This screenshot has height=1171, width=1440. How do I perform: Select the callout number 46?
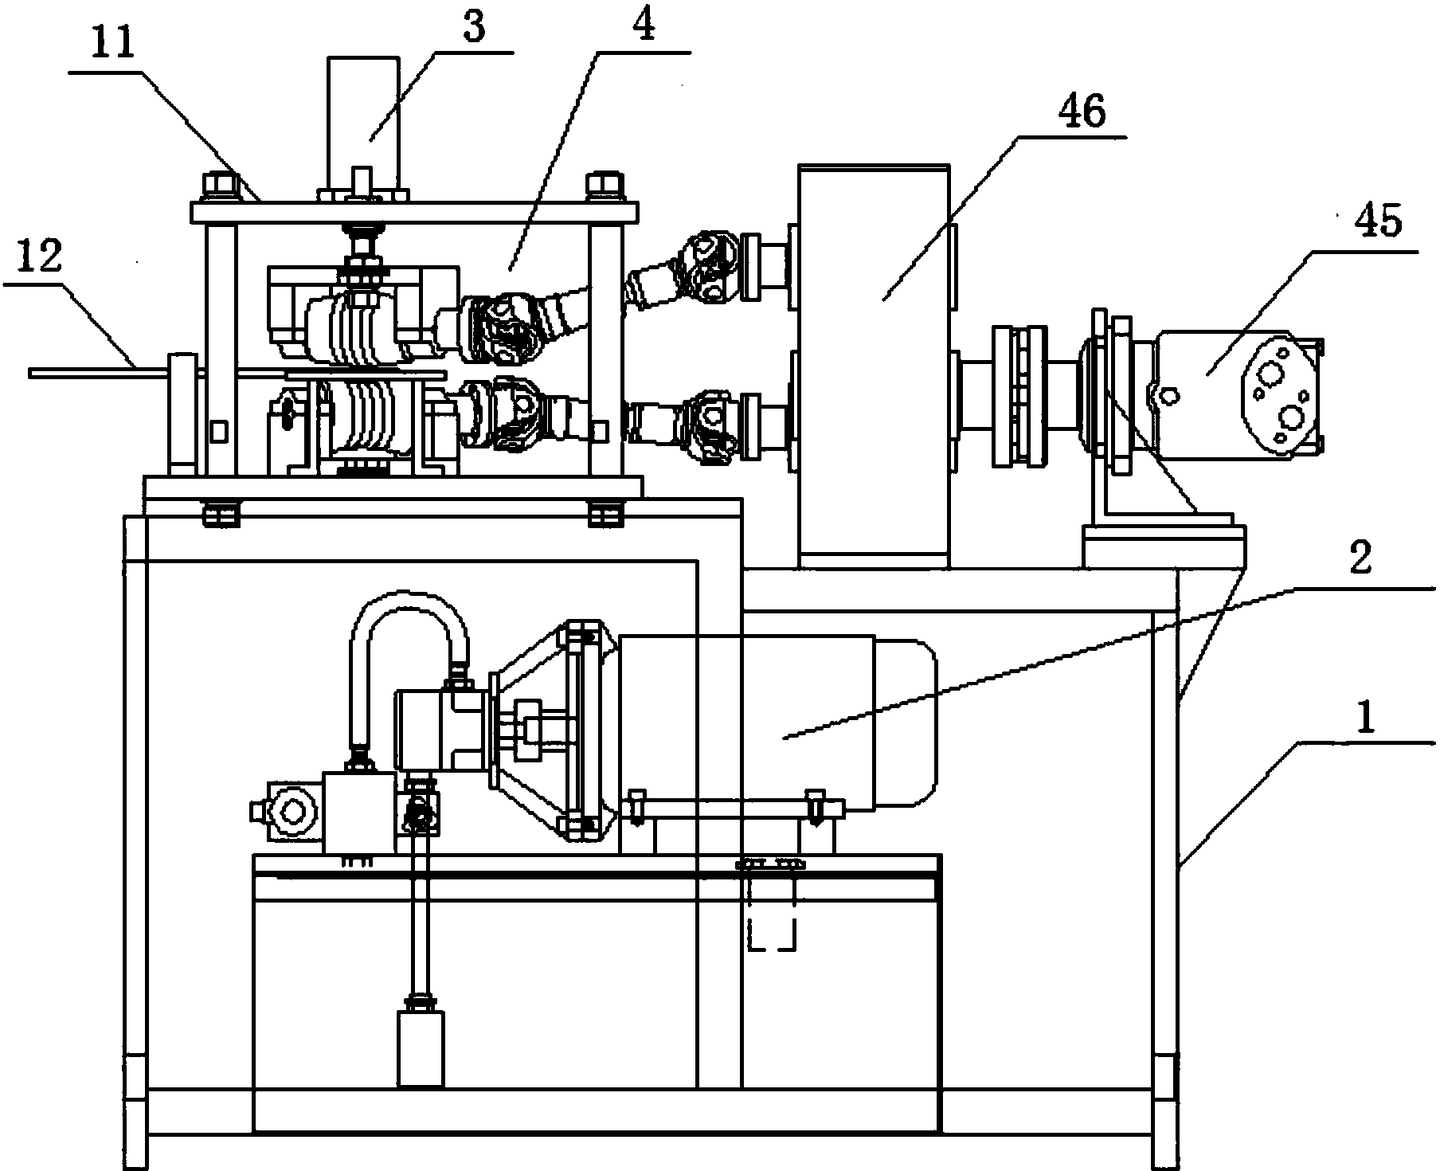[x=1083, y=112]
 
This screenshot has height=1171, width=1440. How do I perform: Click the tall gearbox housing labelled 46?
[x=875, y=366]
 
